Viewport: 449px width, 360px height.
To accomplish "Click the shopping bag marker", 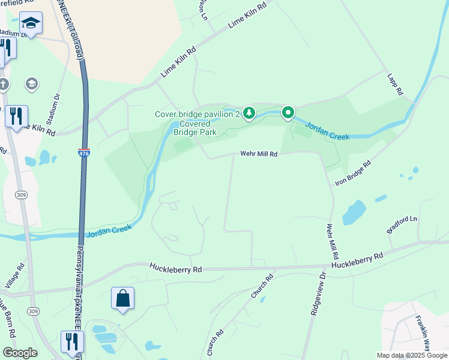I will [x=122, y=298].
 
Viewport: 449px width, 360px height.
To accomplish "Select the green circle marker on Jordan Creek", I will [x=288, y=112].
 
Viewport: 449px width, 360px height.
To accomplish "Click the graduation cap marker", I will [x=31, y=23].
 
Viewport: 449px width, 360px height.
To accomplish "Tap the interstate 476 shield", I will [x=84, y=154].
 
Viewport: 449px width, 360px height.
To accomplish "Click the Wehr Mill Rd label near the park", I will [x=259, y=154].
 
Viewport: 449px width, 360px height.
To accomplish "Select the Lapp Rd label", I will [x=394, y=86].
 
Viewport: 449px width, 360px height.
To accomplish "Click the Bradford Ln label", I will [x=402, y=224].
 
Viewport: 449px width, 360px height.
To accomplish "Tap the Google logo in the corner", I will [x=19, y=353].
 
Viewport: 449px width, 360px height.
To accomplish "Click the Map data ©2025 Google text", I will [x=411, y=355].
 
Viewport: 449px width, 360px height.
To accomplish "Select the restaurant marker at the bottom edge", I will [x=72, y=342].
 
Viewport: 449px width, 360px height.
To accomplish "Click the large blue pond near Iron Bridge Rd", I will [x=354, y=212].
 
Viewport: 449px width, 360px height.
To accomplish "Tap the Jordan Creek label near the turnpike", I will [x=109, y=230].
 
